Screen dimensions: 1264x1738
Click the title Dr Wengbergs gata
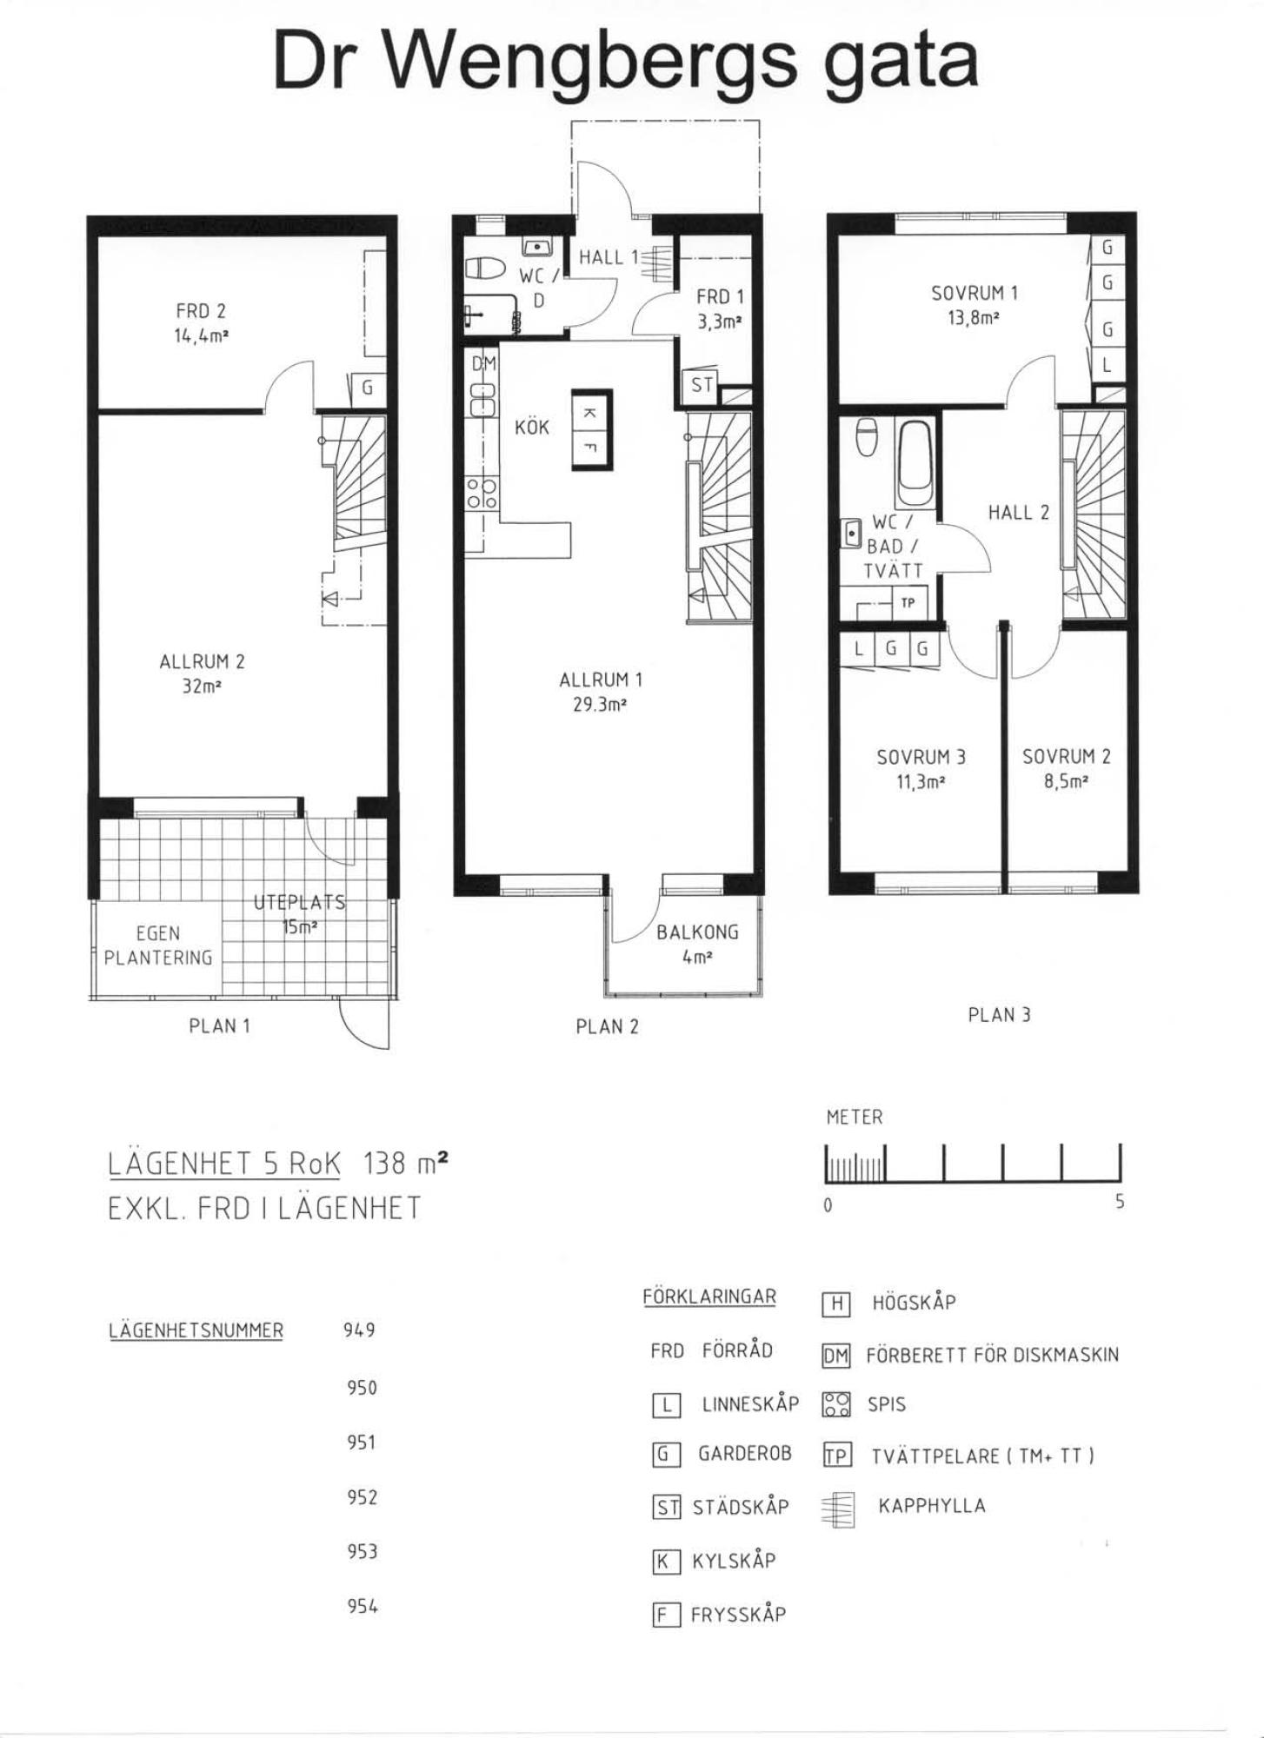point(626,61)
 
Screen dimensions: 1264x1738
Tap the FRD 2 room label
point(201,310)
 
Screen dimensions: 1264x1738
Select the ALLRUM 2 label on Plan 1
point(202,661)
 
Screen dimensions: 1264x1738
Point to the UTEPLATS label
point(299,902)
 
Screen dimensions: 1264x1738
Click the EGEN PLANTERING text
point(158,945)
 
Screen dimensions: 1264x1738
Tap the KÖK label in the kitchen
point(532,428)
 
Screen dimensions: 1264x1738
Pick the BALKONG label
point(697,932)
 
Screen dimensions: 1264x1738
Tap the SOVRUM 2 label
point(1066,756)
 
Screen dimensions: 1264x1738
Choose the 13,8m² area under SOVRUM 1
point(974,318)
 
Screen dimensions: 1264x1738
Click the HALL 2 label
point(1018,513)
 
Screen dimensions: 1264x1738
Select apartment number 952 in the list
point(362,1496)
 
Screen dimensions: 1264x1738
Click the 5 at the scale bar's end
point(1120,1202)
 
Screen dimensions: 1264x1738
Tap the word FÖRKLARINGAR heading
point(709,1297)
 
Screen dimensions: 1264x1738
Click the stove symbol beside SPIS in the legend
point(836,1404)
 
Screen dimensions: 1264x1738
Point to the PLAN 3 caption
point(999,1014)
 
